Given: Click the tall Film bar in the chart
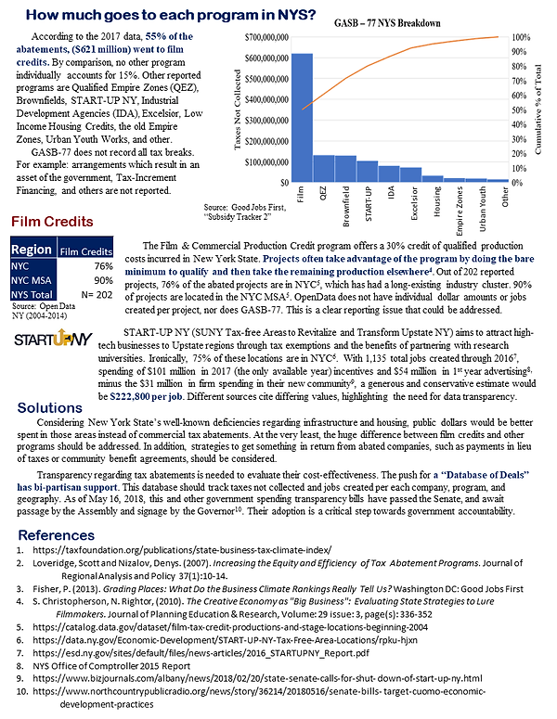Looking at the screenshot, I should [302, 117].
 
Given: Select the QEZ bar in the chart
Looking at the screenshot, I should [323, 168].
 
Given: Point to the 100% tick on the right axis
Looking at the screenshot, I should [522, 37].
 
